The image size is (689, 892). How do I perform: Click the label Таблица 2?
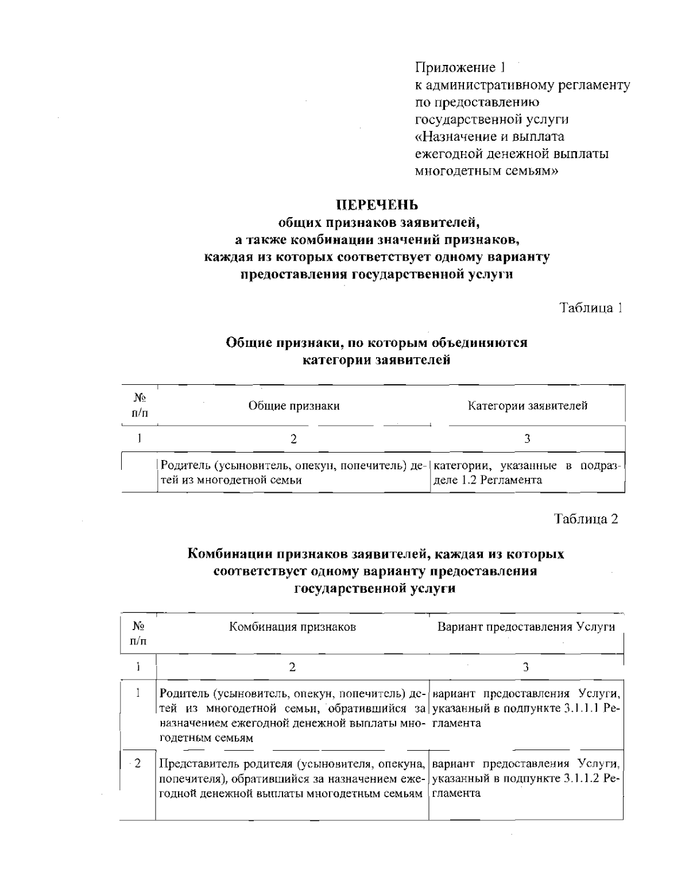(x=586, y=519)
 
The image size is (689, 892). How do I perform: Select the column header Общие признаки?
(x=293, y=406)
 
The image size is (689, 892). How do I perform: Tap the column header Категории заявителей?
(x=528, y=406)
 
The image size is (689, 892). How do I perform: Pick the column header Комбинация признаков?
(x=292, y=627)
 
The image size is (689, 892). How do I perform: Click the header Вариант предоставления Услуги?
(x=526, y=627)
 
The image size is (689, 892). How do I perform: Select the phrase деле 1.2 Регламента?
(x=487, y=480)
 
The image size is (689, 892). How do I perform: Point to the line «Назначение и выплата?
(x=490, y=137)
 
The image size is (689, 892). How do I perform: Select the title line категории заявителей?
(x=376, y=361)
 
